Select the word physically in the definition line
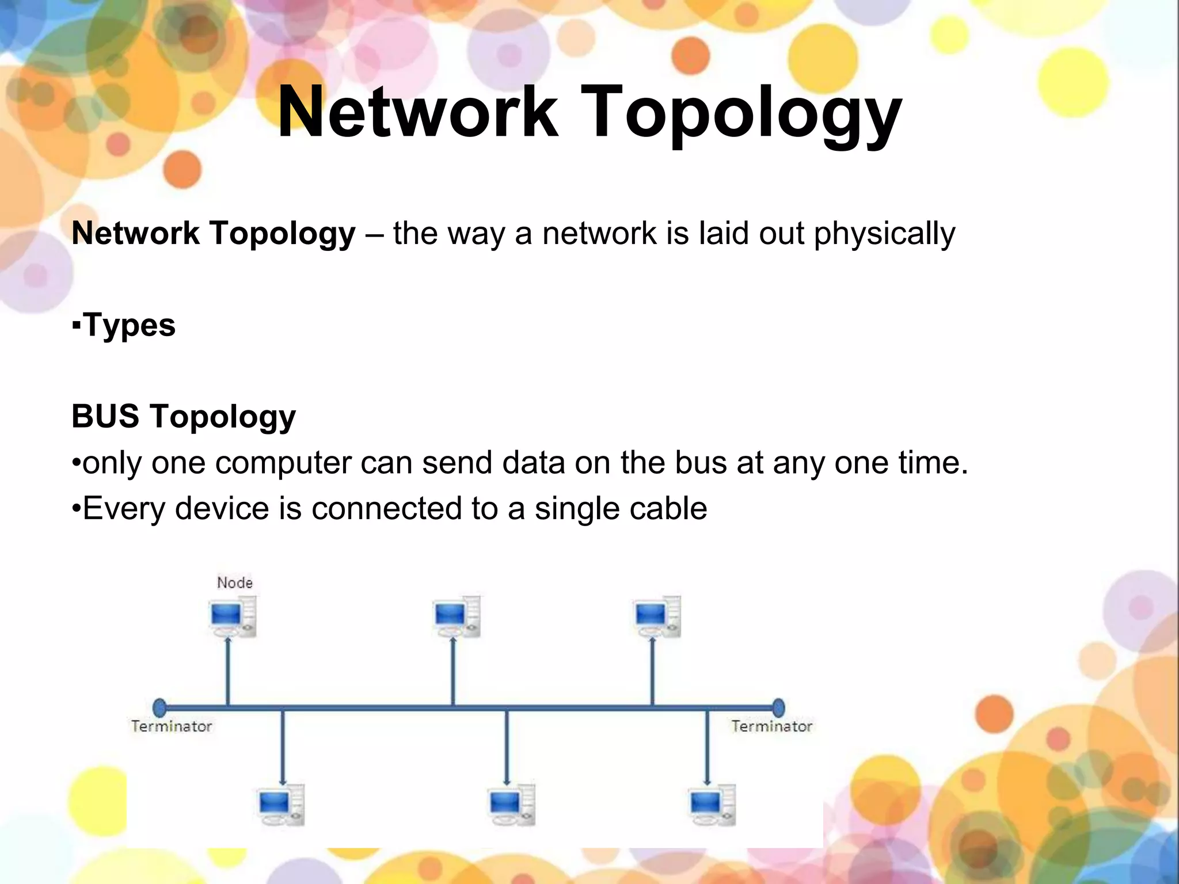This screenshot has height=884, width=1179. coord(884,234)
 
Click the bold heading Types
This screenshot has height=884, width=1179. coord(129,325)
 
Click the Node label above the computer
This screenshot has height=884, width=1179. coord(235,582)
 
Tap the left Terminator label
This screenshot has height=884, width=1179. coord(172,726)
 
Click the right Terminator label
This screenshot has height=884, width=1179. coord(771,726)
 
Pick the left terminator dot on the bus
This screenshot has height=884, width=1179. coord(160,707)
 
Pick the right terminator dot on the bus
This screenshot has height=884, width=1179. coord(778,707)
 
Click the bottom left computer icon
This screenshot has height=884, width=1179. coord(281,805)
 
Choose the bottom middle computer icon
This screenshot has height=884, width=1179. coord(511,805)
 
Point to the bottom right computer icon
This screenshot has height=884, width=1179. coord(712,805)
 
